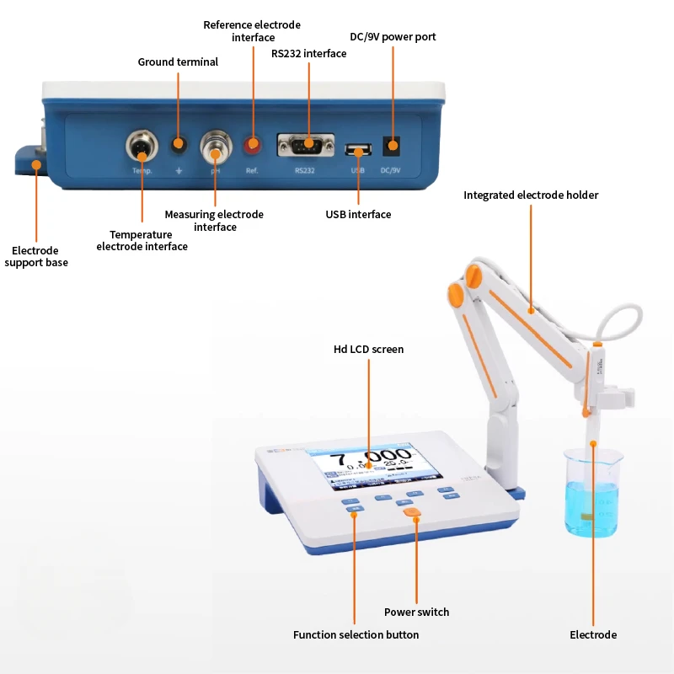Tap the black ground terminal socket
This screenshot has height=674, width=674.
(178, 145)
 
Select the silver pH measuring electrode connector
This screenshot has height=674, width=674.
(216, 147)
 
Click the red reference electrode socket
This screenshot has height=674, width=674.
(252, 146)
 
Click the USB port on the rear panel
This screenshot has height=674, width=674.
(359, 152)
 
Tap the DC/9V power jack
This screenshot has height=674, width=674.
(392, 146)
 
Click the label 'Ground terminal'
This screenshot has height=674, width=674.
(178, 62)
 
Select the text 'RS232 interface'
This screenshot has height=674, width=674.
(308, 53)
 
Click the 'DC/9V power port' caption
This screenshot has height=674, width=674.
(393, 36)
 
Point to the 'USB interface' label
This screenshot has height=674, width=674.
(358, 214)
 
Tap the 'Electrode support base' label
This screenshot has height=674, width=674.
(36, 256)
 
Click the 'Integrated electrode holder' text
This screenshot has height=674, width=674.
(531, 195)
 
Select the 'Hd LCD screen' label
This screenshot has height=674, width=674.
(369, 349)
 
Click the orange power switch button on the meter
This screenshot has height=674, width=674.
(412, 511)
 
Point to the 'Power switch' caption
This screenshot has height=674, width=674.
(416, 612)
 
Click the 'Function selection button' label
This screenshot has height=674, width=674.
(356, 634)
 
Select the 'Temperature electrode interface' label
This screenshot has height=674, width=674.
(142, 240)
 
